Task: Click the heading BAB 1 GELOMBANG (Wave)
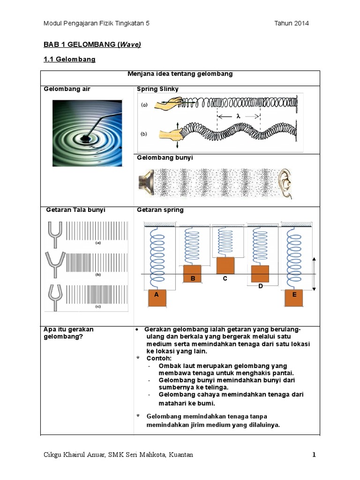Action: pyautogui.click(x=92, y=45)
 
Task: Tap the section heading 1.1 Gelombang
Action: pyautogui.click(x=69, y=60)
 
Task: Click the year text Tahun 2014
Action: pyautogui.click(x=292, y=23)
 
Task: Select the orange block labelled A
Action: pyautogui.click(x=157, y=298)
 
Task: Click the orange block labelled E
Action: pyautogui.click(x=294, y=298)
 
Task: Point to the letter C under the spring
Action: pyautogui.click(x=225, y=279)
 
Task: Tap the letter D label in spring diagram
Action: pyautogui.click(x=260, y=286)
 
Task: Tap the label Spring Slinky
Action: pyautogui.click(x=157, y=89)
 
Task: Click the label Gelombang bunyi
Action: pyautogui.click(x=165, y=158)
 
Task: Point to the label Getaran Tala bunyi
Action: pyautogui.click(x=76, y=210)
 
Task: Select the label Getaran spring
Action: pyautogui.click(x=160, y=210)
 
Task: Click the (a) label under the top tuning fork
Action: pyautogui.click(x=98, y=243)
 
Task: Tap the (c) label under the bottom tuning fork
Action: pyautogui.click(x=98, y=307)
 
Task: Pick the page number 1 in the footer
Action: pyautogui.click(x=315, y=455)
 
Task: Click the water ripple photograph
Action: pyautogui.click(x=87, y=133)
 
